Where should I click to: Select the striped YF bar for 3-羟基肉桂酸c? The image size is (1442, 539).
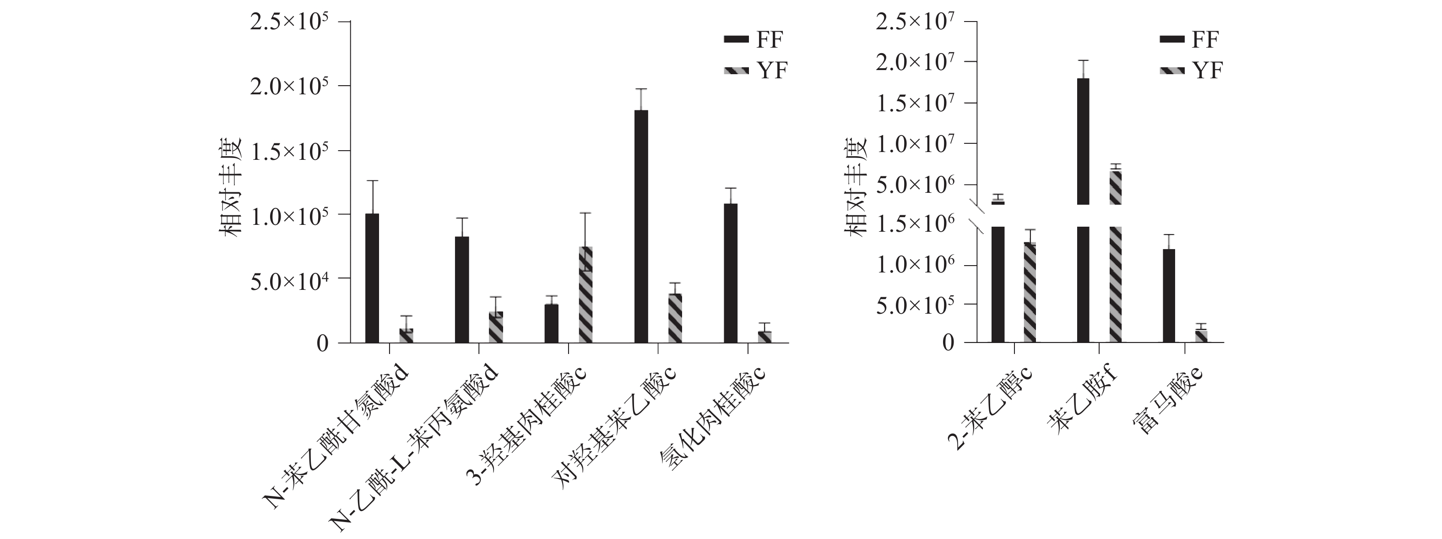click(585, 294)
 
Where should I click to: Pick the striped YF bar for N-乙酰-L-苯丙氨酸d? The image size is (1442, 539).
click(496, 327)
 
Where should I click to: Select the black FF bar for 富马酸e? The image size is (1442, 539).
click(1169, 295)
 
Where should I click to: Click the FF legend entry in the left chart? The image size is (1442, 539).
click(753, 39)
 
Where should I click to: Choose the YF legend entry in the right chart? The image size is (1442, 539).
click(1190, 70)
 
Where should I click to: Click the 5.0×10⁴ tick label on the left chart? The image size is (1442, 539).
click(289, 280)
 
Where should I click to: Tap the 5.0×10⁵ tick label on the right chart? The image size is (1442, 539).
click(915, 305)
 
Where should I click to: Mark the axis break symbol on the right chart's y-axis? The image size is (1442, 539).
click(977, 216)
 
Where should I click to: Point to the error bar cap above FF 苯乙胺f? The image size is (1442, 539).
click(1083, 60)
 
